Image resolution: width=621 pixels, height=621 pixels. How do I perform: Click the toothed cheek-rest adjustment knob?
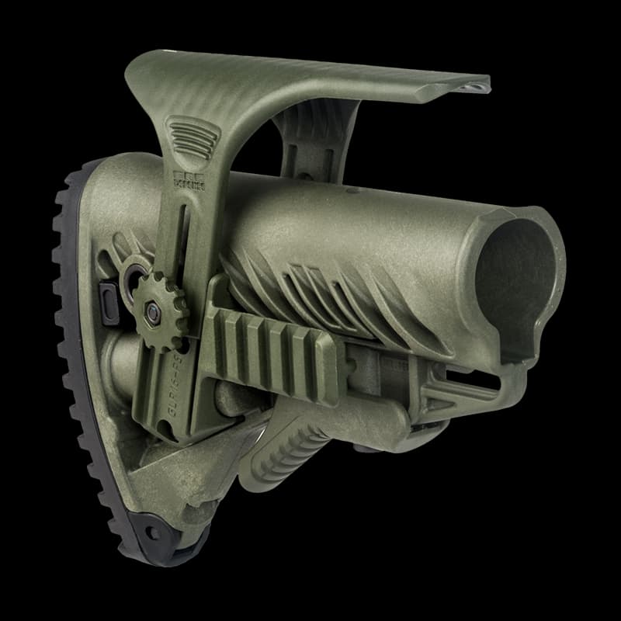point(159,304)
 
